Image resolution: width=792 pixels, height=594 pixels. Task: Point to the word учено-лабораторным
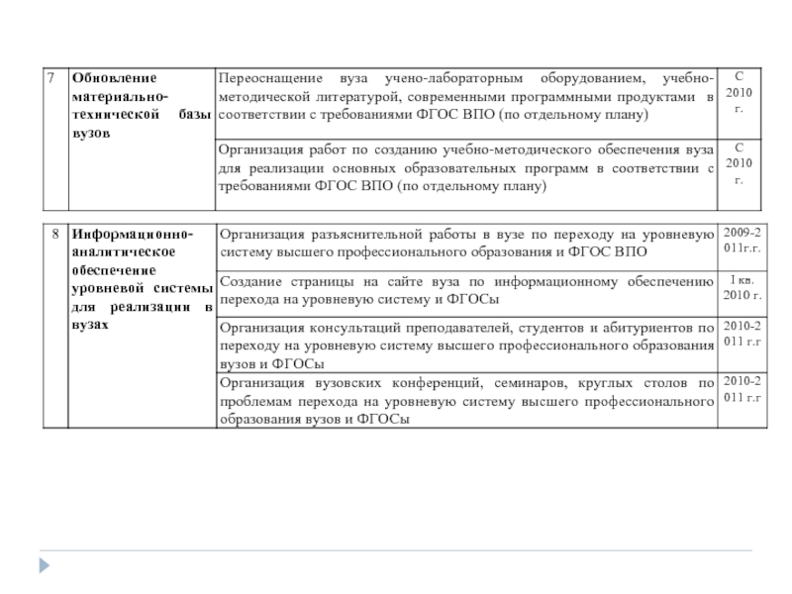tap(457, 78)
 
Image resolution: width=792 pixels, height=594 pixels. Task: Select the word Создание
tap(251, 282)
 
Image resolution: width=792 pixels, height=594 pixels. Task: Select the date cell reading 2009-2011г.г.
tap(742, 241)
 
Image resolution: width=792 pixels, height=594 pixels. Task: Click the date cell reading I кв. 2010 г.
tap(742, 288)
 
